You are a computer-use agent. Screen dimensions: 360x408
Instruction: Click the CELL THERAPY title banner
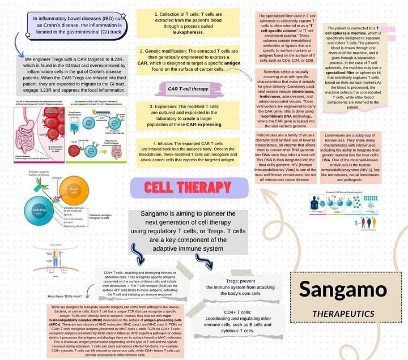[189, 188]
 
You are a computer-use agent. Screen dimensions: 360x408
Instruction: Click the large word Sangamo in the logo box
[339, 289]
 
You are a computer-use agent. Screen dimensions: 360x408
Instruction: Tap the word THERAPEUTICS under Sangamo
[343, 313]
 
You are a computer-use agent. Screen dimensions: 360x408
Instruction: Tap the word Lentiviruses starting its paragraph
[335, 136]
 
